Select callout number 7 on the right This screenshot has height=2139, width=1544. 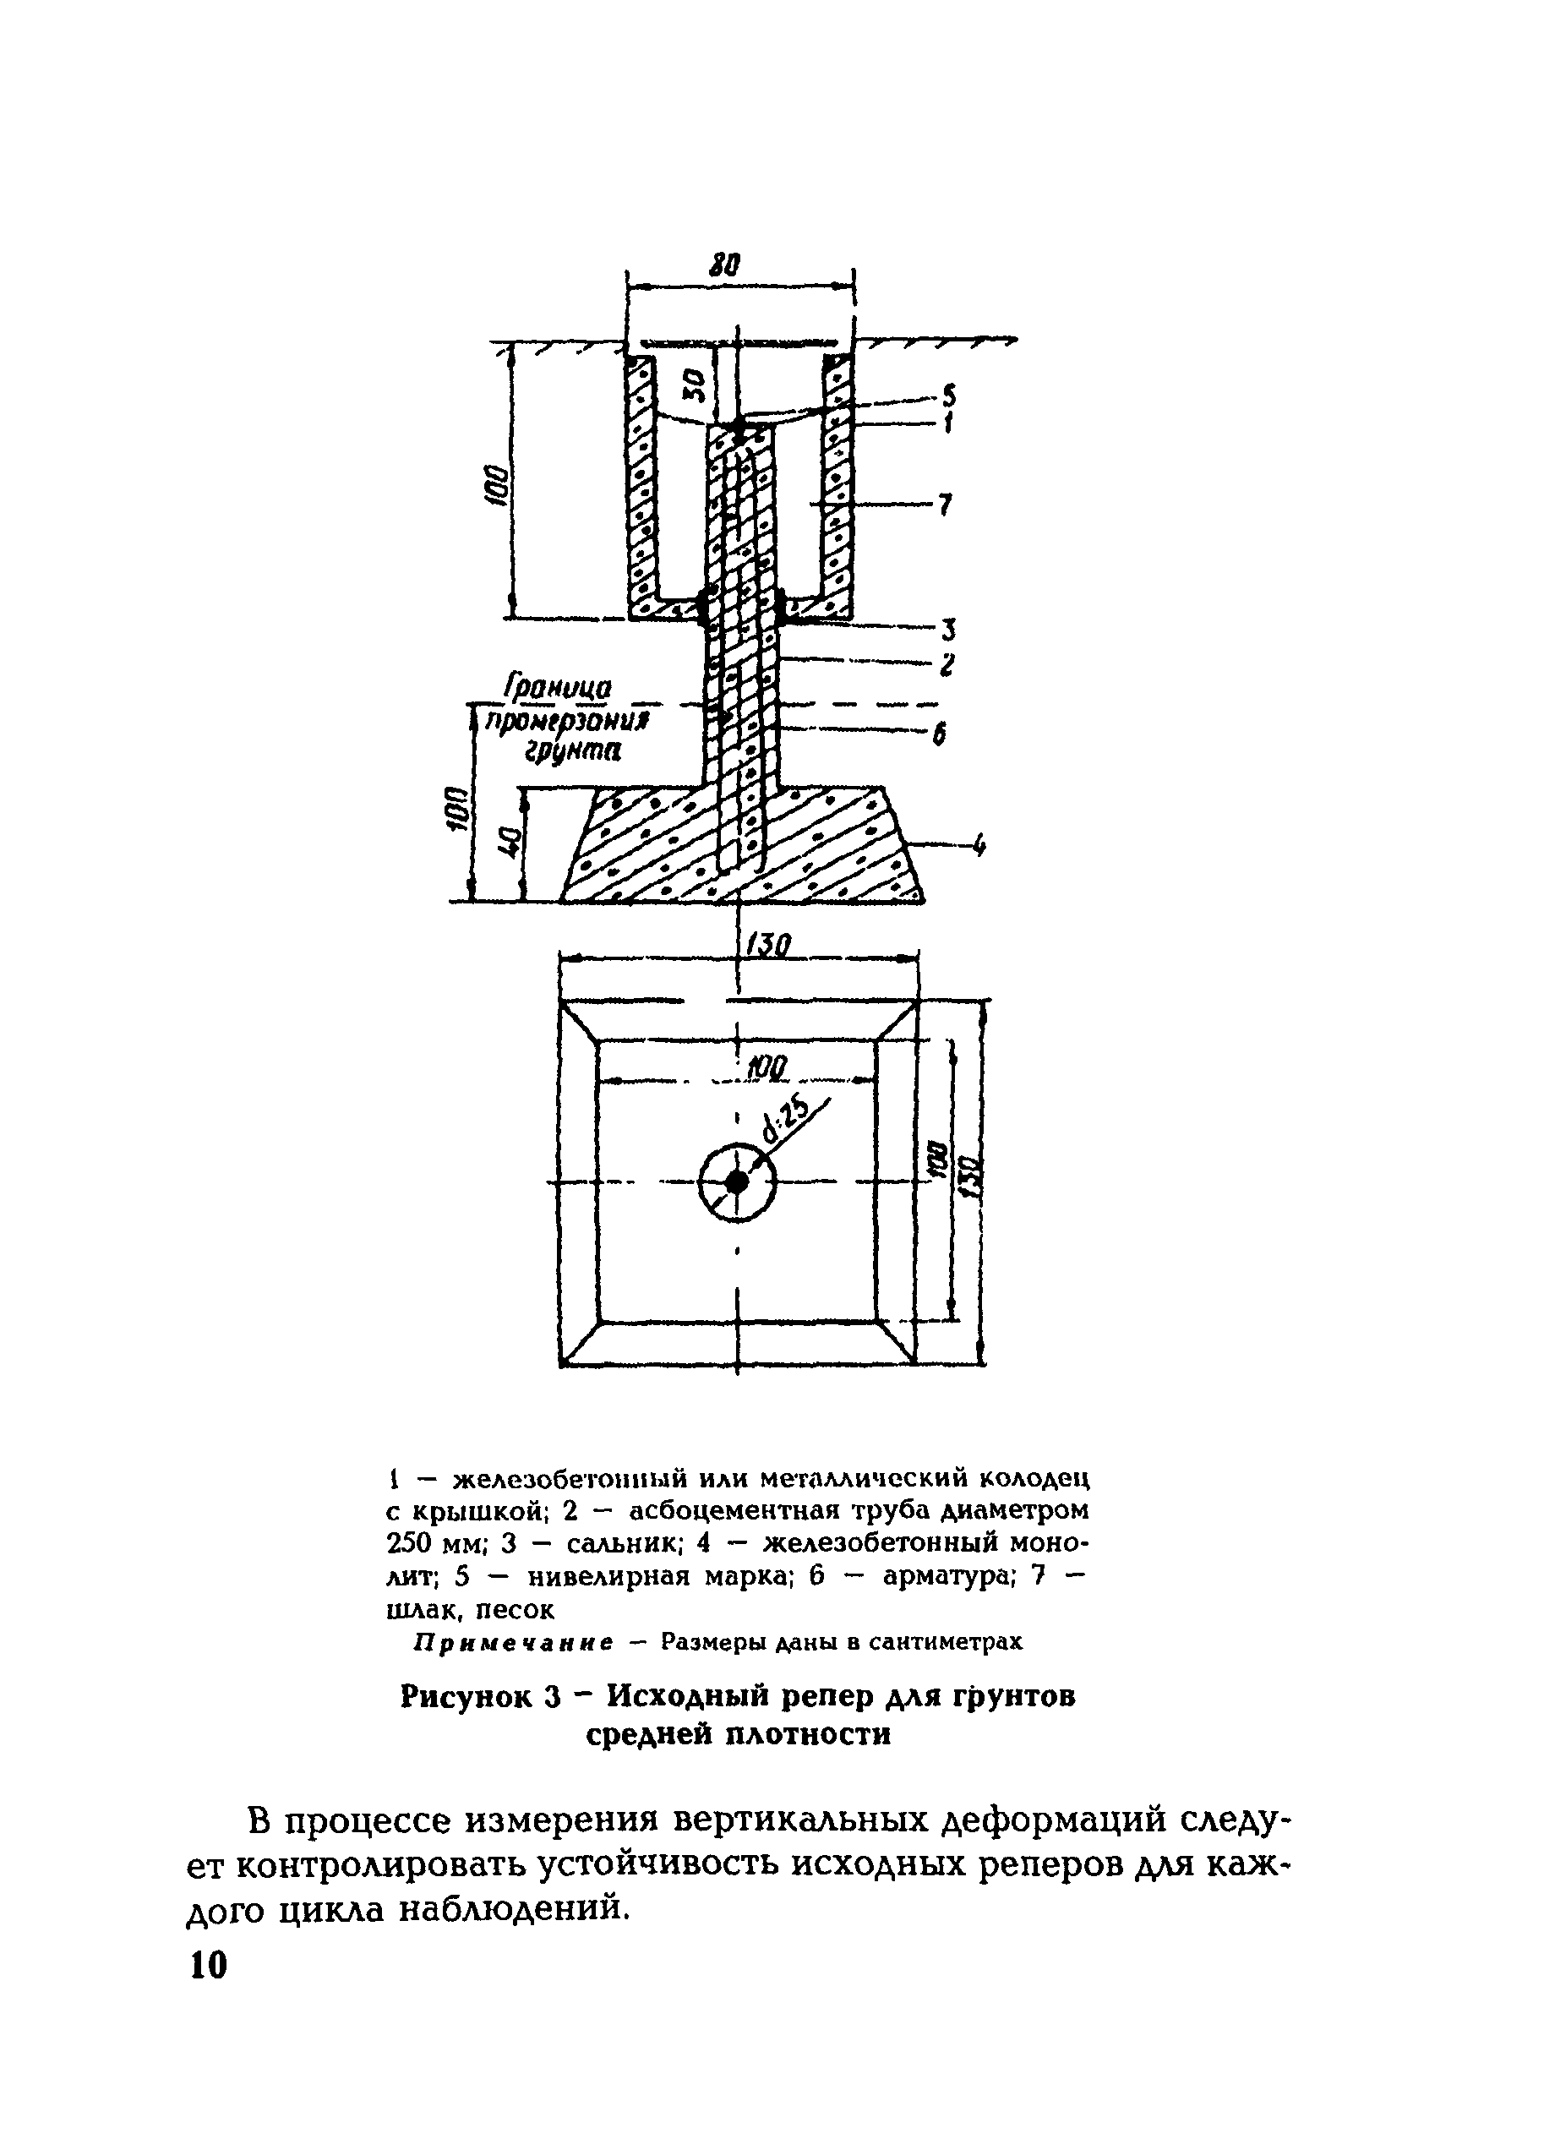click(945, 505)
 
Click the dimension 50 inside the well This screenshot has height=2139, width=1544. click(693, 384)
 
